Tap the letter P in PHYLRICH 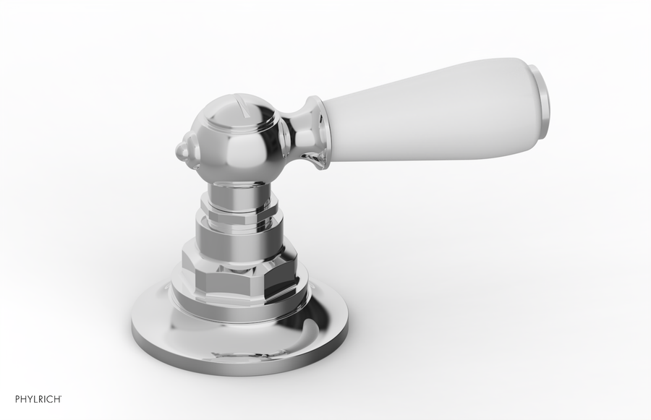pos(17,398)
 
